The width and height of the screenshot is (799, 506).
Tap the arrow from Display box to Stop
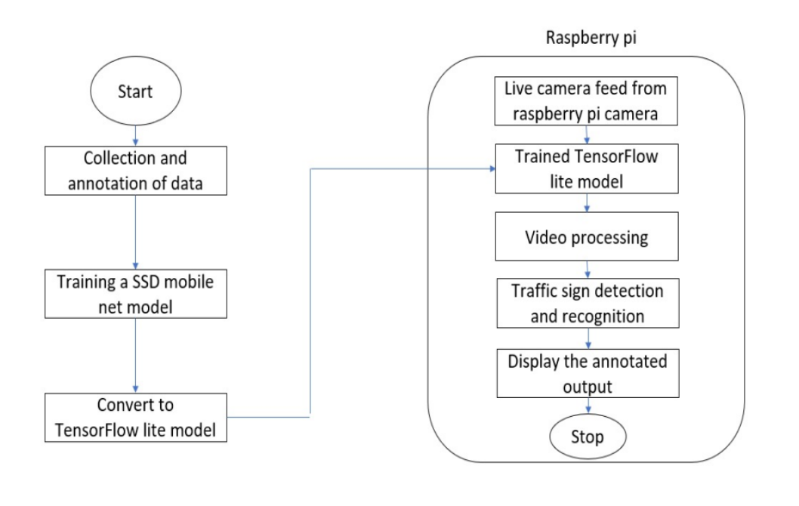[589, 406]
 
